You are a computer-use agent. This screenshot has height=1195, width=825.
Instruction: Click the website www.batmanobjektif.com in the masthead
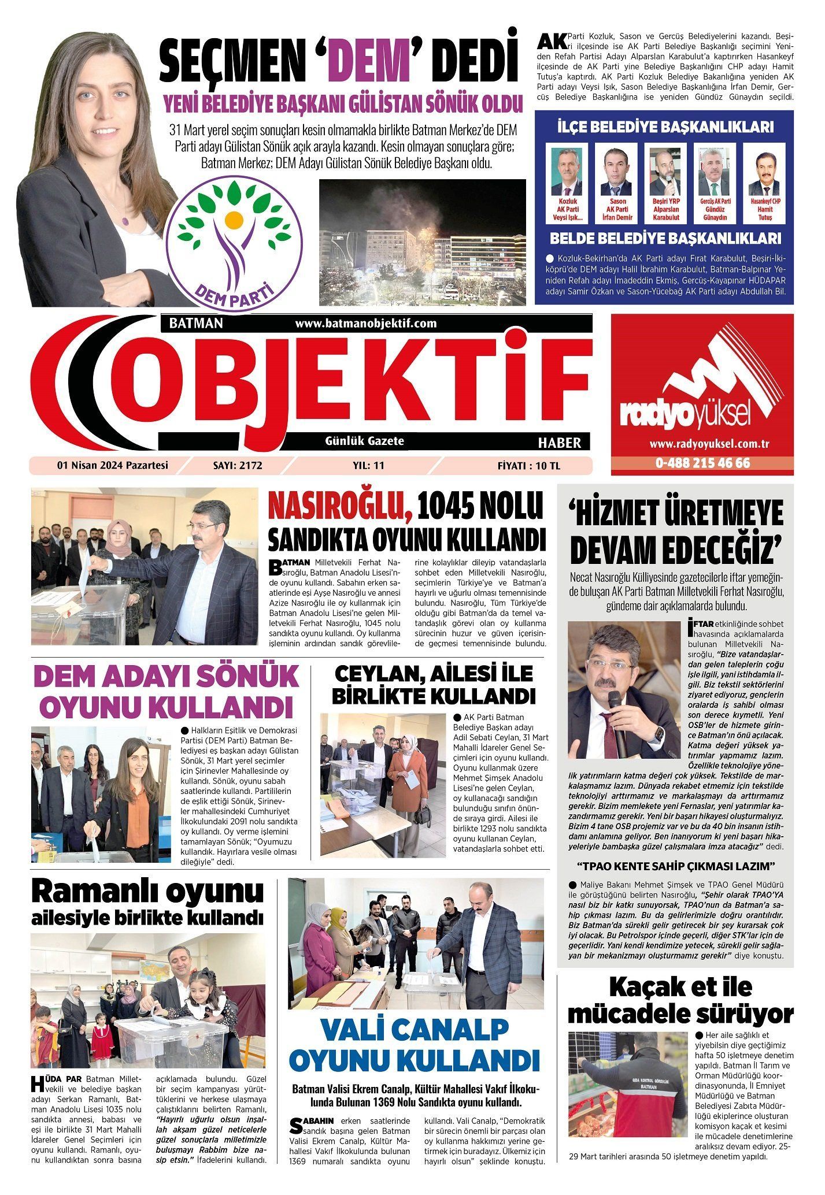point(365,324)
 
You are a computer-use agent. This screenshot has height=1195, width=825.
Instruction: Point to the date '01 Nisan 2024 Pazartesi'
point(112,465)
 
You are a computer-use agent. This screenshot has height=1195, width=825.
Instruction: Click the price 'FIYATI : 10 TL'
point(528,465)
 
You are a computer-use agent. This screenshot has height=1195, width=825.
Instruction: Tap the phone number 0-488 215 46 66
point(702,463)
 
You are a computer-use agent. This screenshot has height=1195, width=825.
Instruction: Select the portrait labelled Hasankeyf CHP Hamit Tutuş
point(764,173)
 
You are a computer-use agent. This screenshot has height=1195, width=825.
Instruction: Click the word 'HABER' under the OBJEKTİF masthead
point(559,443)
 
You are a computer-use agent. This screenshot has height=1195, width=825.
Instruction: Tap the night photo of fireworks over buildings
point(422,242)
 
